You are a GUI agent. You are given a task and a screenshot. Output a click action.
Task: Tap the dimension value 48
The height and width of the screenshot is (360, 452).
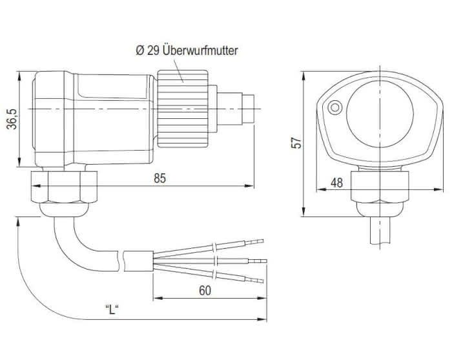click(x=336, y=183)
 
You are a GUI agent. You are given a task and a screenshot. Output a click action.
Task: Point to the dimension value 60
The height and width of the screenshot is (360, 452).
click(x=205, y=291)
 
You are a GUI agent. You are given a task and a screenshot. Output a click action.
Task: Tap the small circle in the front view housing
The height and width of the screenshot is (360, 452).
click(x=334, y=108)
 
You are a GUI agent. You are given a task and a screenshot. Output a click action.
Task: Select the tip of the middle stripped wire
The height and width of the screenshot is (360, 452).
click(x=263, y=261)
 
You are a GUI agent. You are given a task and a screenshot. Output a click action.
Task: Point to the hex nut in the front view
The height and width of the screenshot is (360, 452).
click(x=380, y=187)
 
